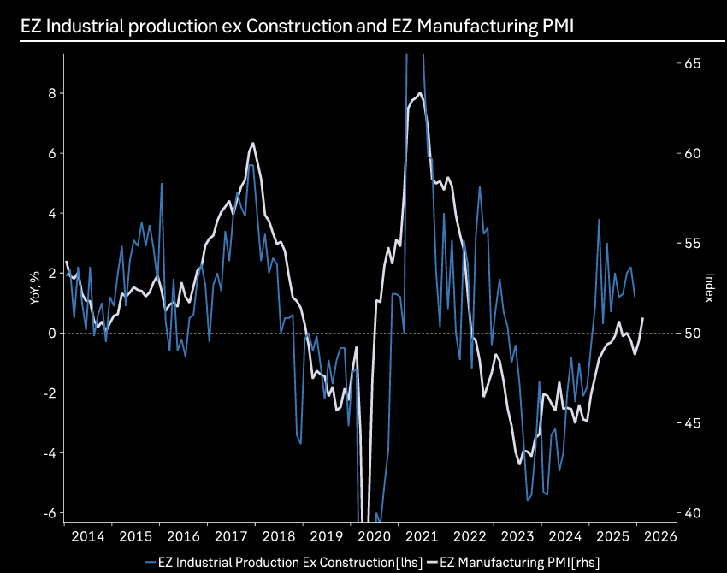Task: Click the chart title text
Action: (298, 27)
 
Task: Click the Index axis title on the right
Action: (709, 287)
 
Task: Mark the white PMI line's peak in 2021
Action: (420, 93)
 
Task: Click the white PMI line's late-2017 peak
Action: (253, 143)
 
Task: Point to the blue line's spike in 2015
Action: (161, 183)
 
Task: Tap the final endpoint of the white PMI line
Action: (642, 318)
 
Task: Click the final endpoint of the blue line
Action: (635, 296)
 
